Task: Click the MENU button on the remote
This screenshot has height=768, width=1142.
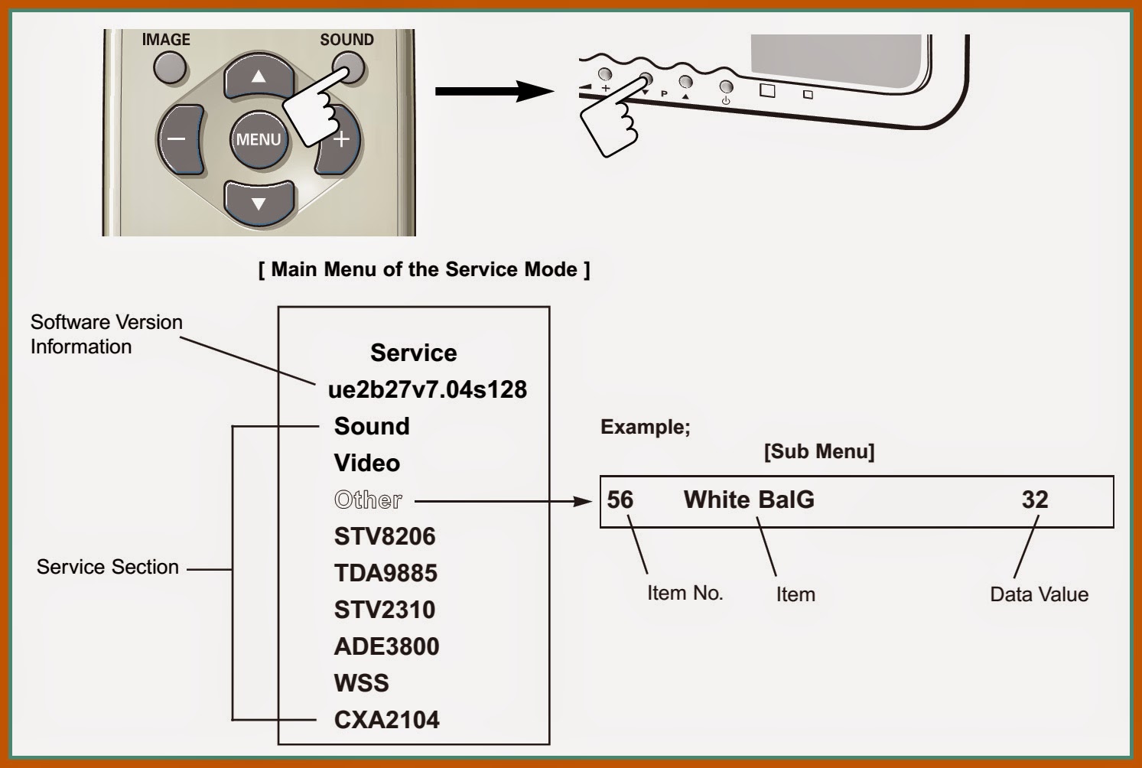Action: (x=259, y=139)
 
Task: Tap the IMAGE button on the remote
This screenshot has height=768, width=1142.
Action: (x=169, y=68)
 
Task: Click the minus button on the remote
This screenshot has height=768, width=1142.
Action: (x=178, y=140)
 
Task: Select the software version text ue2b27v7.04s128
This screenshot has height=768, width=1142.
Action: (x=427, y=389)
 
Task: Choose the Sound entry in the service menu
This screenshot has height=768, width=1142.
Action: (x=372, y=426)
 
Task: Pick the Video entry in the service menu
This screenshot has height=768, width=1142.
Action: (x=367, y=463)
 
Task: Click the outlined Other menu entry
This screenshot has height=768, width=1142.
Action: (x=368, y=500)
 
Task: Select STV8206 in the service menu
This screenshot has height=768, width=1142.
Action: (x=385, y=536)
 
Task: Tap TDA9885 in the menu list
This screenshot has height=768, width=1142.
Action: (x=386, y=573)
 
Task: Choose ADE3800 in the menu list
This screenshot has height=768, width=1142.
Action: (x=386, y=646)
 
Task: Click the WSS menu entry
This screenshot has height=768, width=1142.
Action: (x=361, y=683)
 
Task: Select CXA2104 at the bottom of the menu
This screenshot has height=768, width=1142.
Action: (x=386, y=720)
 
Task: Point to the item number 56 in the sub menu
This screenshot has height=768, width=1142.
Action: (x=620, y=500)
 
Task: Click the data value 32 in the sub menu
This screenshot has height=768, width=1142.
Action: (x=1034, y=500)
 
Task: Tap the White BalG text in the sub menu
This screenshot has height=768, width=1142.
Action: (x=749, y=500)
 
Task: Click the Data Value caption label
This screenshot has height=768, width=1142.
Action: (x=1039, y=594)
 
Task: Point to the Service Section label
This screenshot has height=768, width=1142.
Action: (x=108, y=567)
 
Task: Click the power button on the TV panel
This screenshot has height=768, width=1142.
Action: (x=726, y=87)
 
